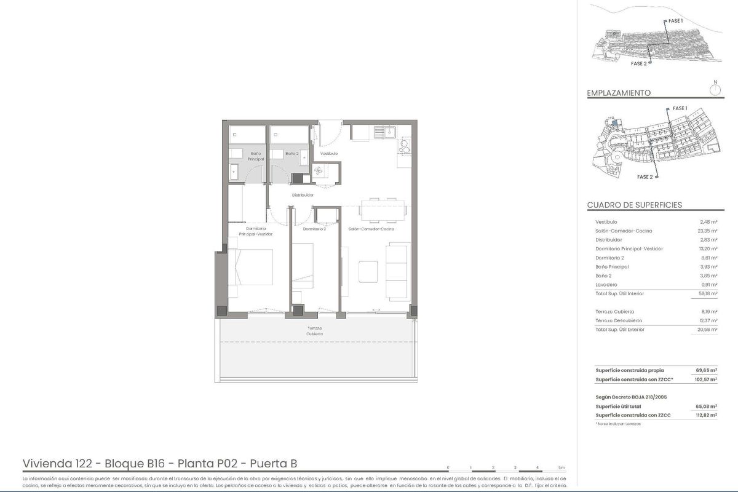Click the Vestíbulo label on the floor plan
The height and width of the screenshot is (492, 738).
click(x=329, y=153)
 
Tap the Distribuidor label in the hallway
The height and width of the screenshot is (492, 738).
click(x=303, y=195)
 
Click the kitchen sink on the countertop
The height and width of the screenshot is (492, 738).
click(x=388, y=131)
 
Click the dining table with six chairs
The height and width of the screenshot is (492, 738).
click(x=383, y=209)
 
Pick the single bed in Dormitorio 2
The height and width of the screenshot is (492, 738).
click(x=303, y=266)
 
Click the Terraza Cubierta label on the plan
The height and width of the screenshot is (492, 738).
click(x=315, y=331)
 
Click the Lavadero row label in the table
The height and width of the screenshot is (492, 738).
click(x=606, y=285)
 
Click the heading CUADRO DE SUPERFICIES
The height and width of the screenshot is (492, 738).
click(x=635, y=205)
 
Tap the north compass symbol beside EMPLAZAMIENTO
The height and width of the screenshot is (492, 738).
click(x=715, y=90)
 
